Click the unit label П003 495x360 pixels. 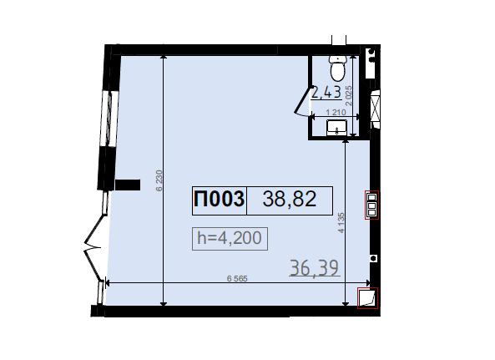tap(219, 200)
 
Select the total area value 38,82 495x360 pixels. tap(290, 200)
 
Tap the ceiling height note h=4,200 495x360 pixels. tap(230, 238)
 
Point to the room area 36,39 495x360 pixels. tap(314, 268)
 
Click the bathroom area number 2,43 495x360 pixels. tap(326, 93)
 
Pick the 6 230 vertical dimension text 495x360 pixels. tap(159, 180)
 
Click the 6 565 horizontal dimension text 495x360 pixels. tap(237, 278)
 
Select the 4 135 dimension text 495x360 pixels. tap(341, 223)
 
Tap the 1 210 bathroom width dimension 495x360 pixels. tap(336, 112)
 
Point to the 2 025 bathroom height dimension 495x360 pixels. tap(349, 96)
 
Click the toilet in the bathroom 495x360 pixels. tap(337, 68)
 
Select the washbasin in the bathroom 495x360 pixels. tap(337, 128)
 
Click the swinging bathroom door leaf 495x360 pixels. tap(302, 100)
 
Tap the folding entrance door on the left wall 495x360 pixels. tap(93, 246)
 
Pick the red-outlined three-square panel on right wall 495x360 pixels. tap(372, 205)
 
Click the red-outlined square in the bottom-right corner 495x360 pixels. tap(367, 298)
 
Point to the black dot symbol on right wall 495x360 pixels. tap(374, 258)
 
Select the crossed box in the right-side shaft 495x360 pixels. tap(375, 108)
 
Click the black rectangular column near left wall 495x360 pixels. tap(128, 185)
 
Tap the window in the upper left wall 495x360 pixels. tap(109, 119)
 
